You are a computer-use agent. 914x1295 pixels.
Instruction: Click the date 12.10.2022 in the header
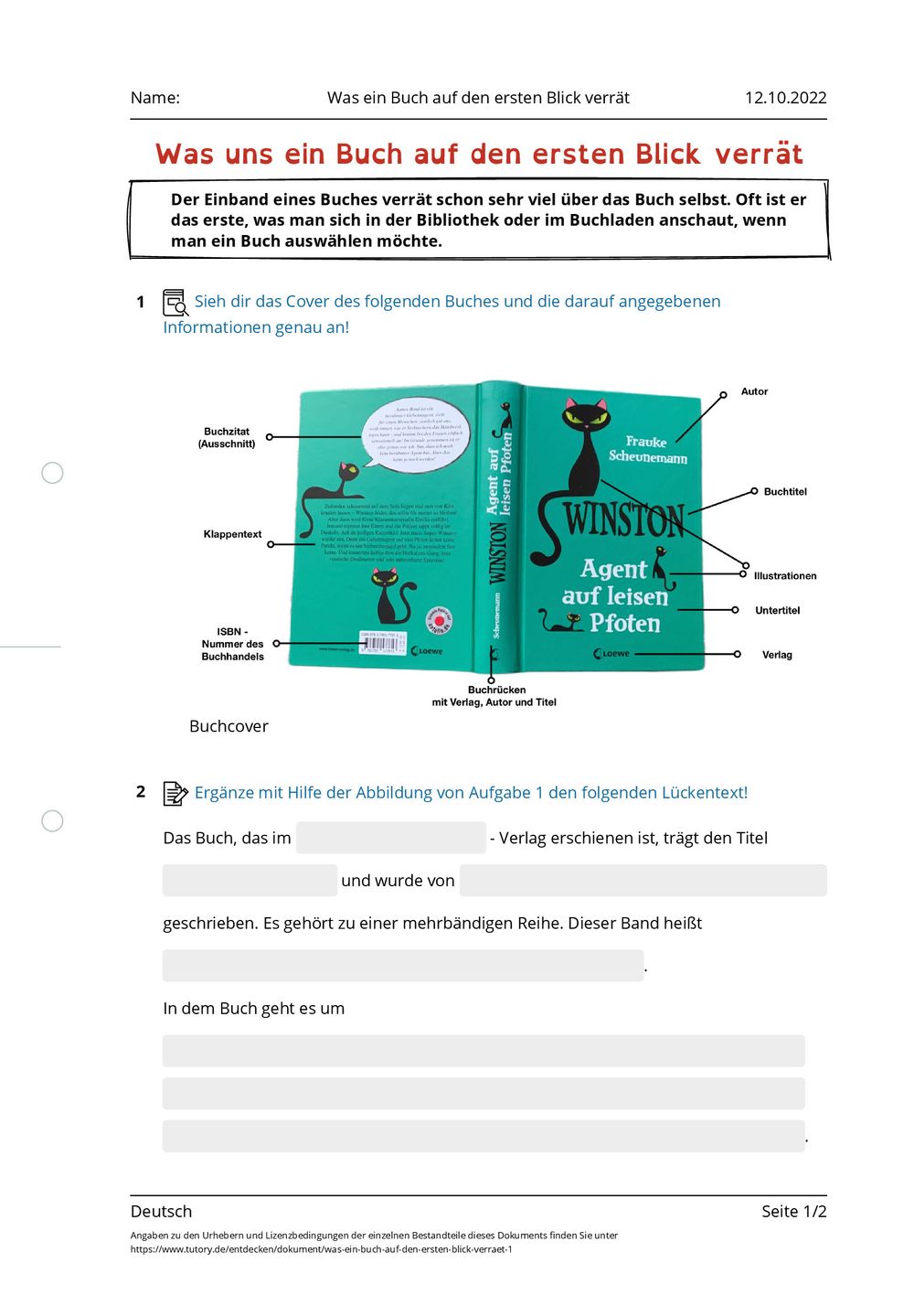785,98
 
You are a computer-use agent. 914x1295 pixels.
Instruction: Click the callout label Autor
754,391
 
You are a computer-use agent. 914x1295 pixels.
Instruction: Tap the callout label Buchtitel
785,492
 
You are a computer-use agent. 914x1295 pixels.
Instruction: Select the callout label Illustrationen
785,576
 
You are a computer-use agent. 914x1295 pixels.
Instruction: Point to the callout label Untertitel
777,611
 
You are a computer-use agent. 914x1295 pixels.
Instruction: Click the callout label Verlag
777,655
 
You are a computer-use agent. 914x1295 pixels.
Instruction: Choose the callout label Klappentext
232,534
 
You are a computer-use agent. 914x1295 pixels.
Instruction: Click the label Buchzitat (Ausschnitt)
227,437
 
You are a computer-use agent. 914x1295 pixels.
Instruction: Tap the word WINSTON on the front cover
624,520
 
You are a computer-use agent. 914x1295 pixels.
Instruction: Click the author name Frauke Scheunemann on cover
647,449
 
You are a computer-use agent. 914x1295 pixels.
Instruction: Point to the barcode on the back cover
382,644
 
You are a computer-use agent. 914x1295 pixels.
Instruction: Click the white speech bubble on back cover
417,434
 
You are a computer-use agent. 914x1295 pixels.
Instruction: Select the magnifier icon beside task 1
175,303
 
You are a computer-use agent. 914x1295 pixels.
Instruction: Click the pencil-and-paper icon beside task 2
175,793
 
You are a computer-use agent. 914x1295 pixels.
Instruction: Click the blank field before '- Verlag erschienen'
390,838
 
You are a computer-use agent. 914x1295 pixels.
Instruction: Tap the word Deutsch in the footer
162,1212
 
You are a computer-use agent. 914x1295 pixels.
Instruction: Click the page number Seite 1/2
793,1212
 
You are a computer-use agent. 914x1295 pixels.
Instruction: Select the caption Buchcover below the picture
228,726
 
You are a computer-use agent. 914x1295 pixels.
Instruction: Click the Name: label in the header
155,98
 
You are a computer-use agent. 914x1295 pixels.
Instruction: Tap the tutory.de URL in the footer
321,1249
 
